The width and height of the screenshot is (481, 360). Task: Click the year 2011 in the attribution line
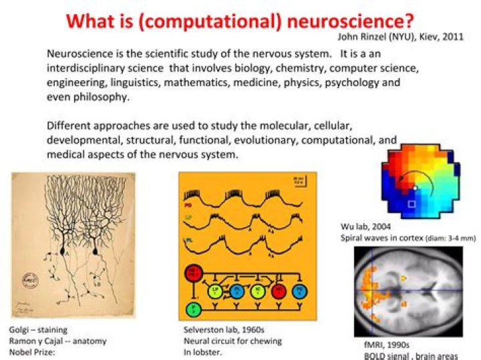pyautogui.click(x=452, y=37)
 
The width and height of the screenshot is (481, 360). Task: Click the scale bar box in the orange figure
pyautogui.click(x=301, y=180)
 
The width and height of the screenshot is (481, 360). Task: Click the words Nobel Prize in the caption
pyautogui.click(x=29, y=351)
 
